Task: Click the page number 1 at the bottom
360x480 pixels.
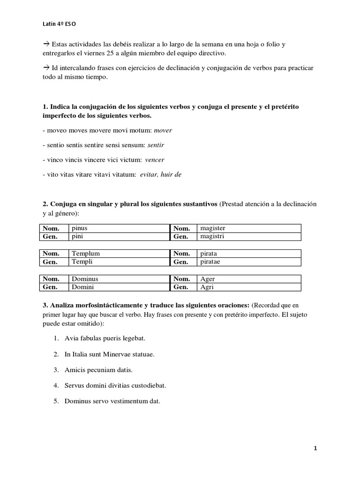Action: (x=315, y=448)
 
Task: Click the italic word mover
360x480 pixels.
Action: (x=163, y=130)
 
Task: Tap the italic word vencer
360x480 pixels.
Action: (x=155, y=159)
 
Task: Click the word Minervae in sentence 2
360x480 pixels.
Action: (x=124, y=354)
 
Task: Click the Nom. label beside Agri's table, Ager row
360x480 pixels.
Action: (x=181, y=279)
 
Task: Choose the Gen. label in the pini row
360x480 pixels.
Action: (x=51, y=236)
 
